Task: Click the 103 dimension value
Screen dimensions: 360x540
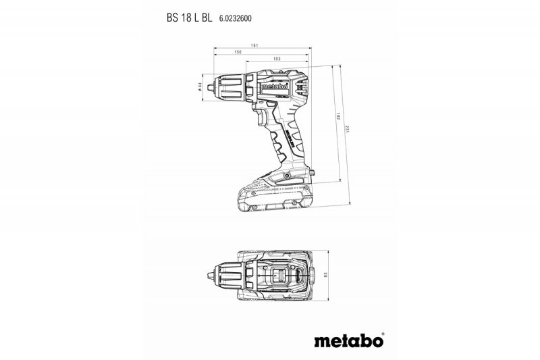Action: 277,59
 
